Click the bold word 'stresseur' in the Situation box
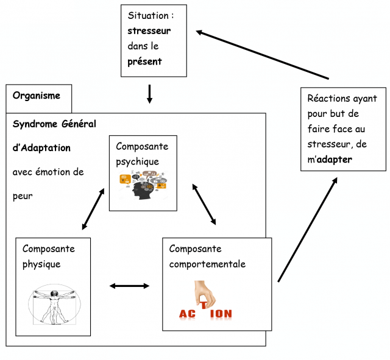[x=149, y=30]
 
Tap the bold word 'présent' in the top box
[x=144, y=62]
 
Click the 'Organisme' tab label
[x=37, y=96]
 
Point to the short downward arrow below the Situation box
[x=149, y=93]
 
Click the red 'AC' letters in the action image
[x=186, y=314]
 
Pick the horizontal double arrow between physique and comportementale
[x=129, y=285]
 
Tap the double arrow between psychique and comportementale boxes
[x=204, y=203]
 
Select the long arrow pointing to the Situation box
[x=262, y=54]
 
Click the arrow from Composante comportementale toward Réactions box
[x=307, y=229]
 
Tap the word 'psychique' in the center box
[x=138, y=161]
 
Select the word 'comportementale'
[x=207, y=264]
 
